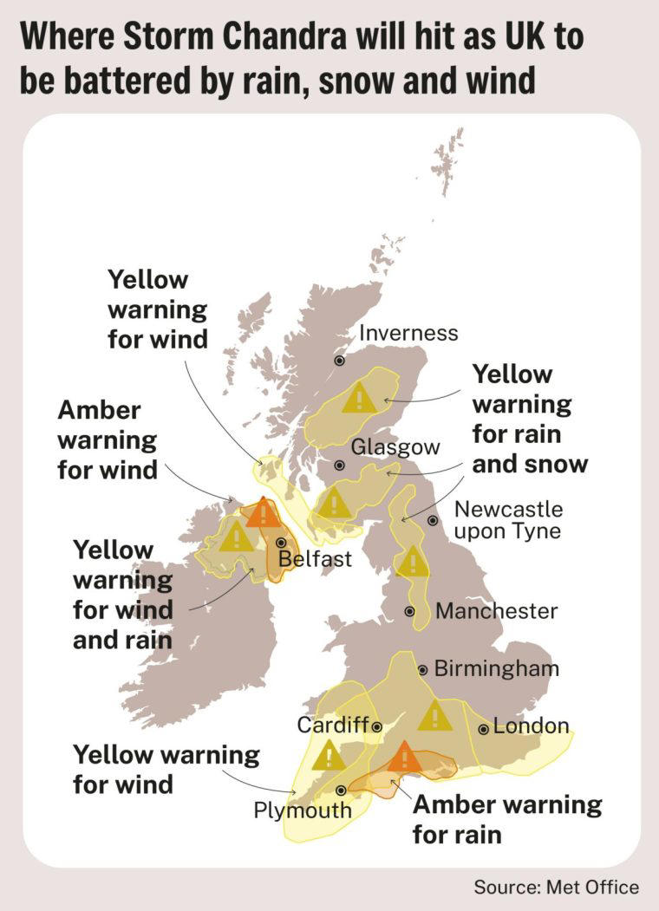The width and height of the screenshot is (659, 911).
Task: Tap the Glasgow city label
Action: click(395, 446)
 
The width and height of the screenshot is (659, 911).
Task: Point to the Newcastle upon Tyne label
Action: click(508, 519)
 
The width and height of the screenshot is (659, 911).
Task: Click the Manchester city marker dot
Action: click(409, 611)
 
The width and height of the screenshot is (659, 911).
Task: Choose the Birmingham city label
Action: click(496, 668)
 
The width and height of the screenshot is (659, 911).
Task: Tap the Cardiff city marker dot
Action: click(377, 726)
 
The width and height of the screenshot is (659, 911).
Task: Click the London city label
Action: click(531, 726)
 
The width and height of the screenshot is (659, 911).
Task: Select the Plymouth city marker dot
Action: click(342, 791)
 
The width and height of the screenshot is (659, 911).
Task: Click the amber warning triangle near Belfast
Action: click(263, 513)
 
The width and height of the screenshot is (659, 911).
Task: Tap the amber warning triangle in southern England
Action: click(403, 758)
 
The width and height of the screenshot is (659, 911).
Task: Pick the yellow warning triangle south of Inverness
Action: click(358, 398)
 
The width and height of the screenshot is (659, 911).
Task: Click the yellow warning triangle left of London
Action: click(434, 715)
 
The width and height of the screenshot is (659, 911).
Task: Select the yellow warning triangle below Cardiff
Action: click(329, 755)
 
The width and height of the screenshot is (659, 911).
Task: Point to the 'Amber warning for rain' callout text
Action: click(506, 819)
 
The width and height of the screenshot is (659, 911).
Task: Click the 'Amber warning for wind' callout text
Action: click(108, 439)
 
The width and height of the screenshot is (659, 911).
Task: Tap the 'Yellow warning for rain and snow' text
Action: click(530, 419)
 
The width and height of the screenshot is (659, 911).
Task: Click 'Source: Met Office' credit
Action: click(556, 887)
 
